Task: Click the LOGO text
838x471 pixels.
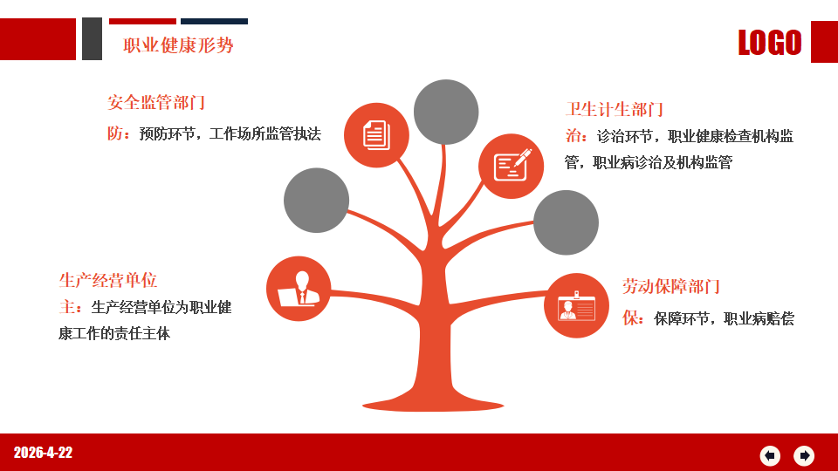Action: tap(770, 42)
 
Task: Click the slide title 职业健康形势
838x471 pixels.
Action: tap(178, 45)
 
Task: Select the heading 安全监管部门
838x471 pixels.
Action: tap(156, 102)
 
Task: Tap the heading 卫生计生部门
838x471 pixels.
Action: tap(615, 110)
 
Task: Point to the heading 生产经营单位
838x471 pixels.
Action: tap(108, 280)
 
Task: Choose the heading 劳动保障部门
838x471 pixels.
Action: tap(671, 287)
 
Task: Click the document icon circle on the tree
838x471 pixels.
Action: tap(376, 135)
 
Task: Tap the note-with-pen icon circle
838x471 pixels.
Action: tap(511, 166)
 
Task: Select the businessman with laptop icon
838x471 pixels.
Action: tap(299, 289)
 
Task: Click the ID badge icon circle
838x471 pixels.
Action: tap(577, 305)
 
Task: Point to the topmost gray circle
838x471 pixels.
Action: tap(446, 113)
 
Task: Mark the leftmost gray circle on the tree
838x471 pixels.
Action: tap(316, 201)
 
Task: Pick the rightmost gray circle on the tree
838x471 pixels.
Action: tap(566, 222)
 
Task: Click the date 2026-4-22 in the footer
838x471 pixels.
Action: tap(43, 453)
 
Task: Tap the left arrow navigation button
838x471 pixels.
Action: tap(770, 455)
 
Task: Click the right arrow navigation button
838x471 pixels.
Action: tap(804, 455)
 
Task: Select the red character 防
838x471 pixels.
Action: tap(115, 133)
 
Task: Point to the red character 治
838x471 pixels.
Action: tap(574, 136)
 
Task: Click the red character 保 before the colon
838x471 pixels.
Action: tap(630, 319)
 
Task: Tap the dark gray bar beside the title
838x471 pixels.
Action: tap(92, 39)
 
